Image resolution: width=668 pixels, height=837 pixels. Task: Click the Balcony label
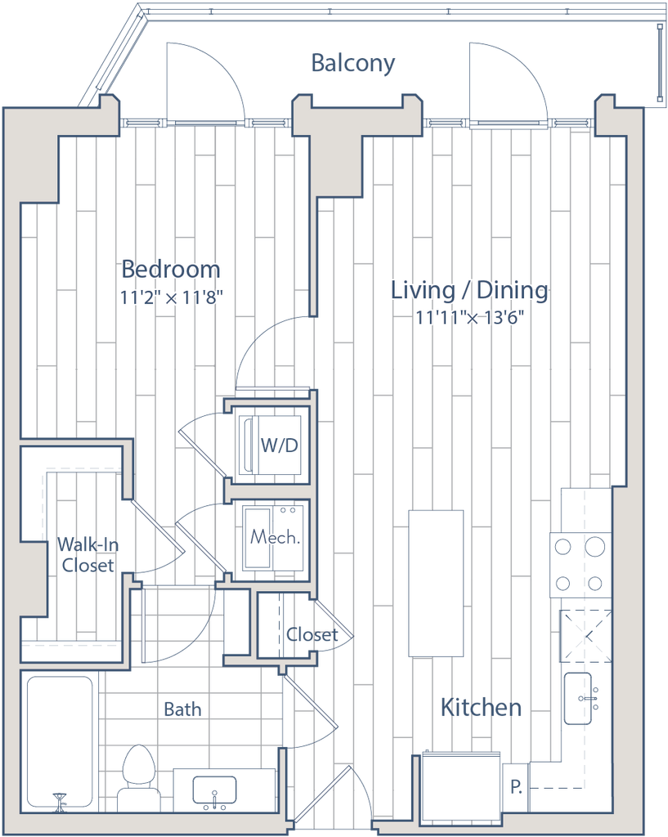(x=353, y=65)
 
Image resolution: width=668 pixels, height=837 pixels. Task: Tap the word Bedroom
(x=171, y=269)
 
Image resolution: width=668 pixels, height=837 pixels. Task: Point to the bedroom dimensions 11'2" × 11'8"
(x=171, y=298)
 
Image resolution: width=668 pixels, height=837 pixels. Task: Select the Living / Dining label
(x=468, y=290)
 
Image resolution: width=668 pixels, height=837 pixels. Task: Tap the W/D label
(x=278, y=446)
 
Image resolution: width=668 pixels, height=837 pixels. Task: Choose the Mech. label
(x=274, y=538)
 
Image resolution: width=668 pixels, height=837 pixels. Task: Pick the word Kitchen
(x=481, y=707)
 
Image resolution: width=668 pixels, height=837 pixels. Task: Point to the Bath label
(x=182, y=707)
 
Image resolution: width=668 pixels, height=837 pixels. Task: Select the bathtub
(x=59, y=740)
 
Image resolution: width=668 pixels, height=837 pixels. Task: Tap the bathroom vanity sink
(x=214, y=790)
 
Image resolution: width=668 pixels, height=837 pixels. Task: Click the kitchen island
(x=437, y=582)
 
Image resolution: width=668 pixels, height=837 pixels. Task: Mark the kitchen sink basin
(x=582, y=696)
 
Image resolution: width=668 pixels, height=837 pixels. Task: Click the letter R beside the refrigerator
(x=516, y=788)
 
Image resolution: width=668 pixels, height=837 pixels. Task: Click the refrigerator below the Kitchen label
(x=460, y=786)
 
